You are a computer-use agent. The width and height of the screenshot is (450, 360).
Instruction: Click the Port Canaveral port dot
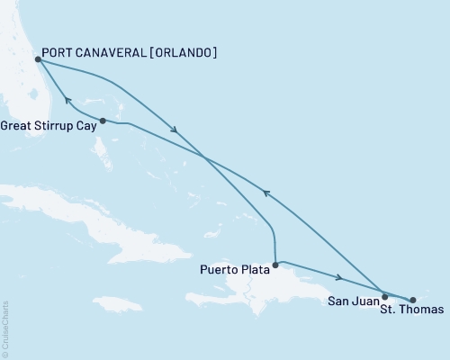tap(37, 60)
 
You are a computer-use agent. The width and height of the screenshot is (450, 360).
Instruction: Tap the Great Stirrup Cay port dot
tap(103, 121)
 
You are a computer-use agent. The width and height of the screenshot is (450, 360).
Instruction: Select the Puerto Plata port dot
tap(274, 265)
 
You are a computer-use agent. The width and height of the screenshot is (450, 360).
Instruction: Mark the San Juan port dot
tap(385, 295)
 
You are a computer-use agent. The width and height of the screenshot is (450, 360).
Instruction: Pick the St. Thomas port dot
tap(413, 301)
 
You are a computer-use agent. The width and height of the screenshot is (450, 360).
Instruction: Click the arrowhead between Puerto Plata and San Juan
tap(337, 278)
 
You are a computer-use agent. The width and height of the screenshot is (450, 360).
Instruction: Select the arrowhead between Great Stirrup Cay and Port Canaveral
tap(66, 100)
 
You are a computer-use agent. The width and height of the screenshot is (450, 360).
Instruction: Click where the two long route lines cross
tap(207, 158)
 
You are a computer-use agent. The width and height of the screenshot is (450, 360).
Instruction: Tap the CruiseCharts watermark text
tap(5, 328)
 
